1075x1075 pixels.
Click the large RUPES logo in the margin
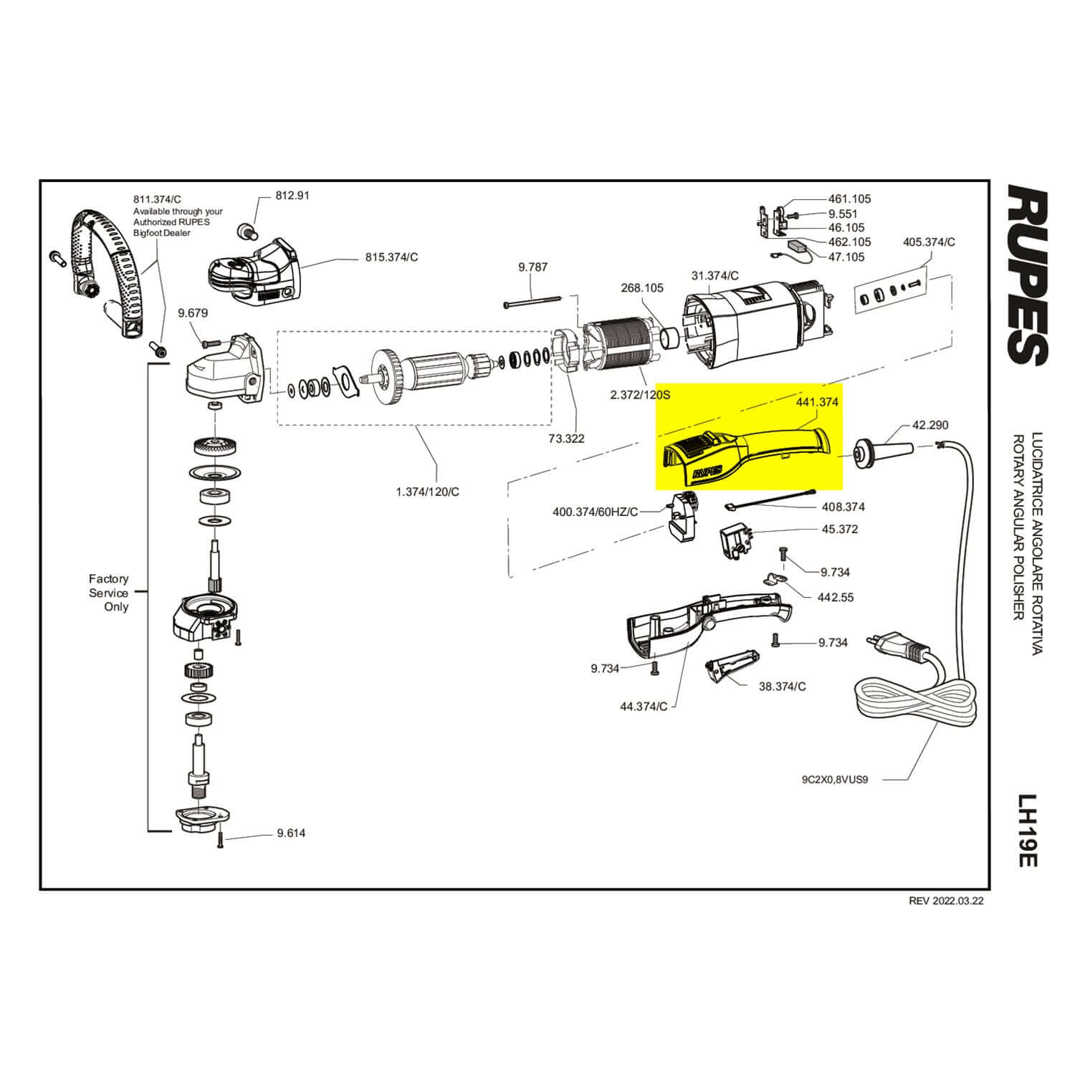coord(1028,274)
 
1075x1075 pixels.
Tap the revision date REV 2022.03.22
coord(946,901)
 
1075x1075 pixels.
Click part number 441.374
coord(817,402)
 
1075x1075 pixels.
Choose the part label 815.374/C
coord(391,257)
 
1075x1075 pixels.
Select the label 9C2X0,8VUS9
coord(835,780)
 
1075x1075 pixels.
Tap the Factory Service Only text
coord(109,592)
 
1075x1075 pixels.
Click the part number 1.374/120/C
coord(428,492)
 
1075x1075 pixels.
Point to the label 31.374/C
coord(715,275)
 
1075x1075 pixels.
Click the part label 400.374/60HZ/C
coord(595,512)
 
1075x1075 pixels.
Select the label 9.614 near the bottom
coord(291,833)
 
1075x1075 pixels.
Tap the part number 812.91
coord(292,195)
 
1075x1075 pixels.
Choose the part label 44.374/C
coord(643,707)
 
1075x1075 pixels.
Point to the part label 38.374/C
coord(782,686)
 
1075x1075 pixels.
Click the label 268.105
coord(641,287)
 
